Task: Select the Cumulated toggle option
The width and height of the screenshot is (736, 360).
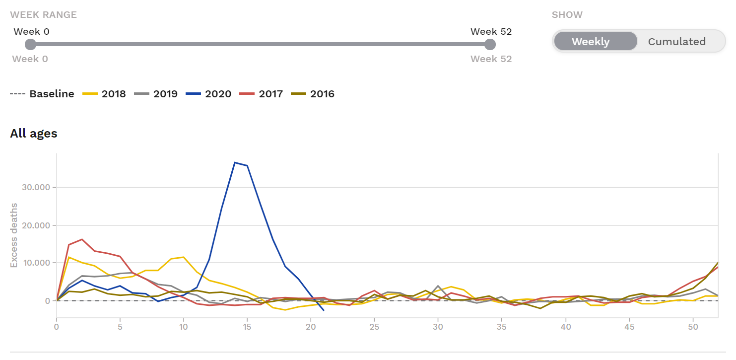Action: (676, 42)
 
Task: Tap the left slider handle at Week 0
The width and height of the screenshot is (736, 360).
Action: (31, 45)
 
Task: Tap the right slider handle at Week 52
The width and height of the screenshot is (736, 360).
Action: (490, 45)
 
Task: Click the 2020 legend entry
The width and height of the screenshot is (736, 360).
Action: (208, 94)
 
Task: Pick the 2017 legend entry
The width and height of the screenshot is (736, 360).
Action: (261, 94)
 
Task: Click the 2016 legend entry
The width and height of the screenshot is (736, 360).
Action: (313, 94)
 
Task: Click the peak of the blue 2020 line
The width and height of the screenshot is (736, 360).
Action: (235, 162)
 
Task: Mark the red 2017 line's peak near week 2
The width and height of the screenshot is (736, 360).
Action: (82, 239)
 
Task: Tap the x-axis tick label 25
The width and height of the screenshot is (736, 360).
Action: (374, 327)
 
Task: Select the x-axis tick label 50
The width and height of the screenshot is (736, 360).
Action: (692, 327)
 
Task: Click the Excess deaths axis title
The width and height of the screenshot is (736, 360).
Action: (14, 235)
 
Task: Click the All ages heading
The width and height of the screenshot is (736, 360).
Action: (34, 134)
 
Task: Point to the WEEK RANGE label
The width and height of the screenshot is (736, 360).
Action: (44, 14)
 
